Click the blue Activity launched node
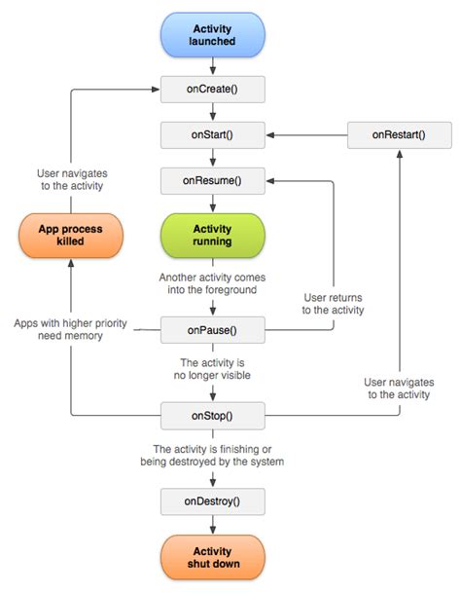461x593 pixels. coord(212,36)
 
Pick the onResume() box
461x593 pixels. coord(212,181)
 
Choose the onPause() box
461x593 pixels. coord(212,331)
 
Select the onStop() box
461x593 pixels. coord(212,416)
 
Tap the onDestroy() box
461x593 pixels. coord(212,502)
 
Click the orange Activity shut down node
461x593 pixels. coord(212,557)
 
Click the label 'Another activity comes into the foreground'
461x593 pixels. coord(212,284)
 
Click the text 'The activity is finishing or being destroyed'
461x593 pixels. coord(212,456)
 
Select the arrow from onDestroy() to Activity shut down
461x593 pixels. coord(212,526)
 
